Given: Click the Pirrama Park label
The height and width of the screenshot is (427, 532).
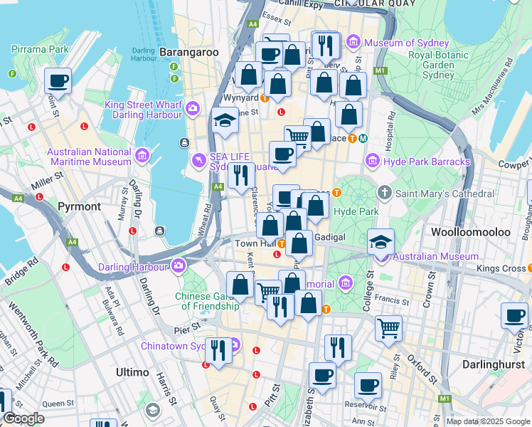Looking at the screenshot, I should pos(40,50).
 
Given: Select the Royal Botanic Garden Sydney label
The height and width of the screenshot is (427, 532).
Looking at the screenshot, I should pos(441,64).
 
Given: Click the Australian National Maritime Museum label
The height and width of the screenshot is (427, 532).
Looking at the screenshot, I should pos(89,157).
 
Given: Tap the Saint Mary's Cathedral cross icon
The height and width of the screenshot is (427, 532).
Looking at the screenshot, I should pos(385,193).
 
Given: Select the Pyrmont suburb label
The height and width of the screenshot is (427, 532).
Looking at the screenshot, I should pos(80,206).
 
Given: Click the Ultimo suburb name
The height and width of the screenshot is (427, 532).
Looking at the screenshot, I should pos(132,372).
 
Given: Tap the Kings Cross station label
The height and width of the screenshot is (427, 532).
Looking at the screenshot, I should pos(501,268).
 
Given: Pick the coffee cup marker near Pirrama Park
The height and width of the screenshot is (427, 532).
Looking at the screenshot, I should pos(58,80).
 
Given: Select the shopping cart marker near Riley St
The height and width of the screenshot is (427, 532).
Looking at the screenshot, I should pos(388,328).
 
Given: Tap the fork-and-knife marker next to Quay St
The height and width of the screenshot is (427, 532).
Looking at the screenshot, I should pos(218,349).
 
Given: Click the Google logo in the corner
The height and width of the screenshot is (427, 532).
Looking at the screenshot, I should pos(23,418).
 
